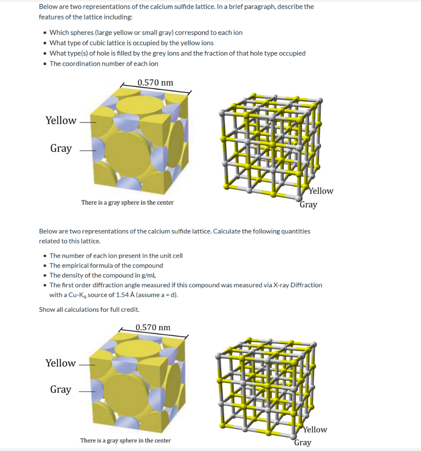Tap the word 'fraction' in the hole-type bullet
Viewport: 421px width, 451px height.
click(235, 53)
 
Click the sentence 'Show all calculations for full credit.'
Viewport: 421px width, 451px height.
click(89, 309)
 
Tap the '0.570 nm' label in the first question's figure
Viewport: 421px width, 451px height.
click(155, 83)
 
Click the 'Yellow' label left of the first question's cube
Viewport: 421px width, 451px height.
click(61, 121)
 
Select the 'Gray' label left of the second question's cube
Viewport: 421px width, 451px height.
click(60, 390)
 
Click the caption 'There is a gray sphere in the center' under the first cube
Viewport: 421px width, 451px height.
click(127, 203)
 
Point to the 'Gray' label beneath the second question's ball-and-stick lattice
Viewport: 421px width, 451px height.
click(303, 443)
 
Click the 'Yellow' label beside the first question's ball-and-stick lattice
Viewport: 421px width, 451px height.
click(321, 191)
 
